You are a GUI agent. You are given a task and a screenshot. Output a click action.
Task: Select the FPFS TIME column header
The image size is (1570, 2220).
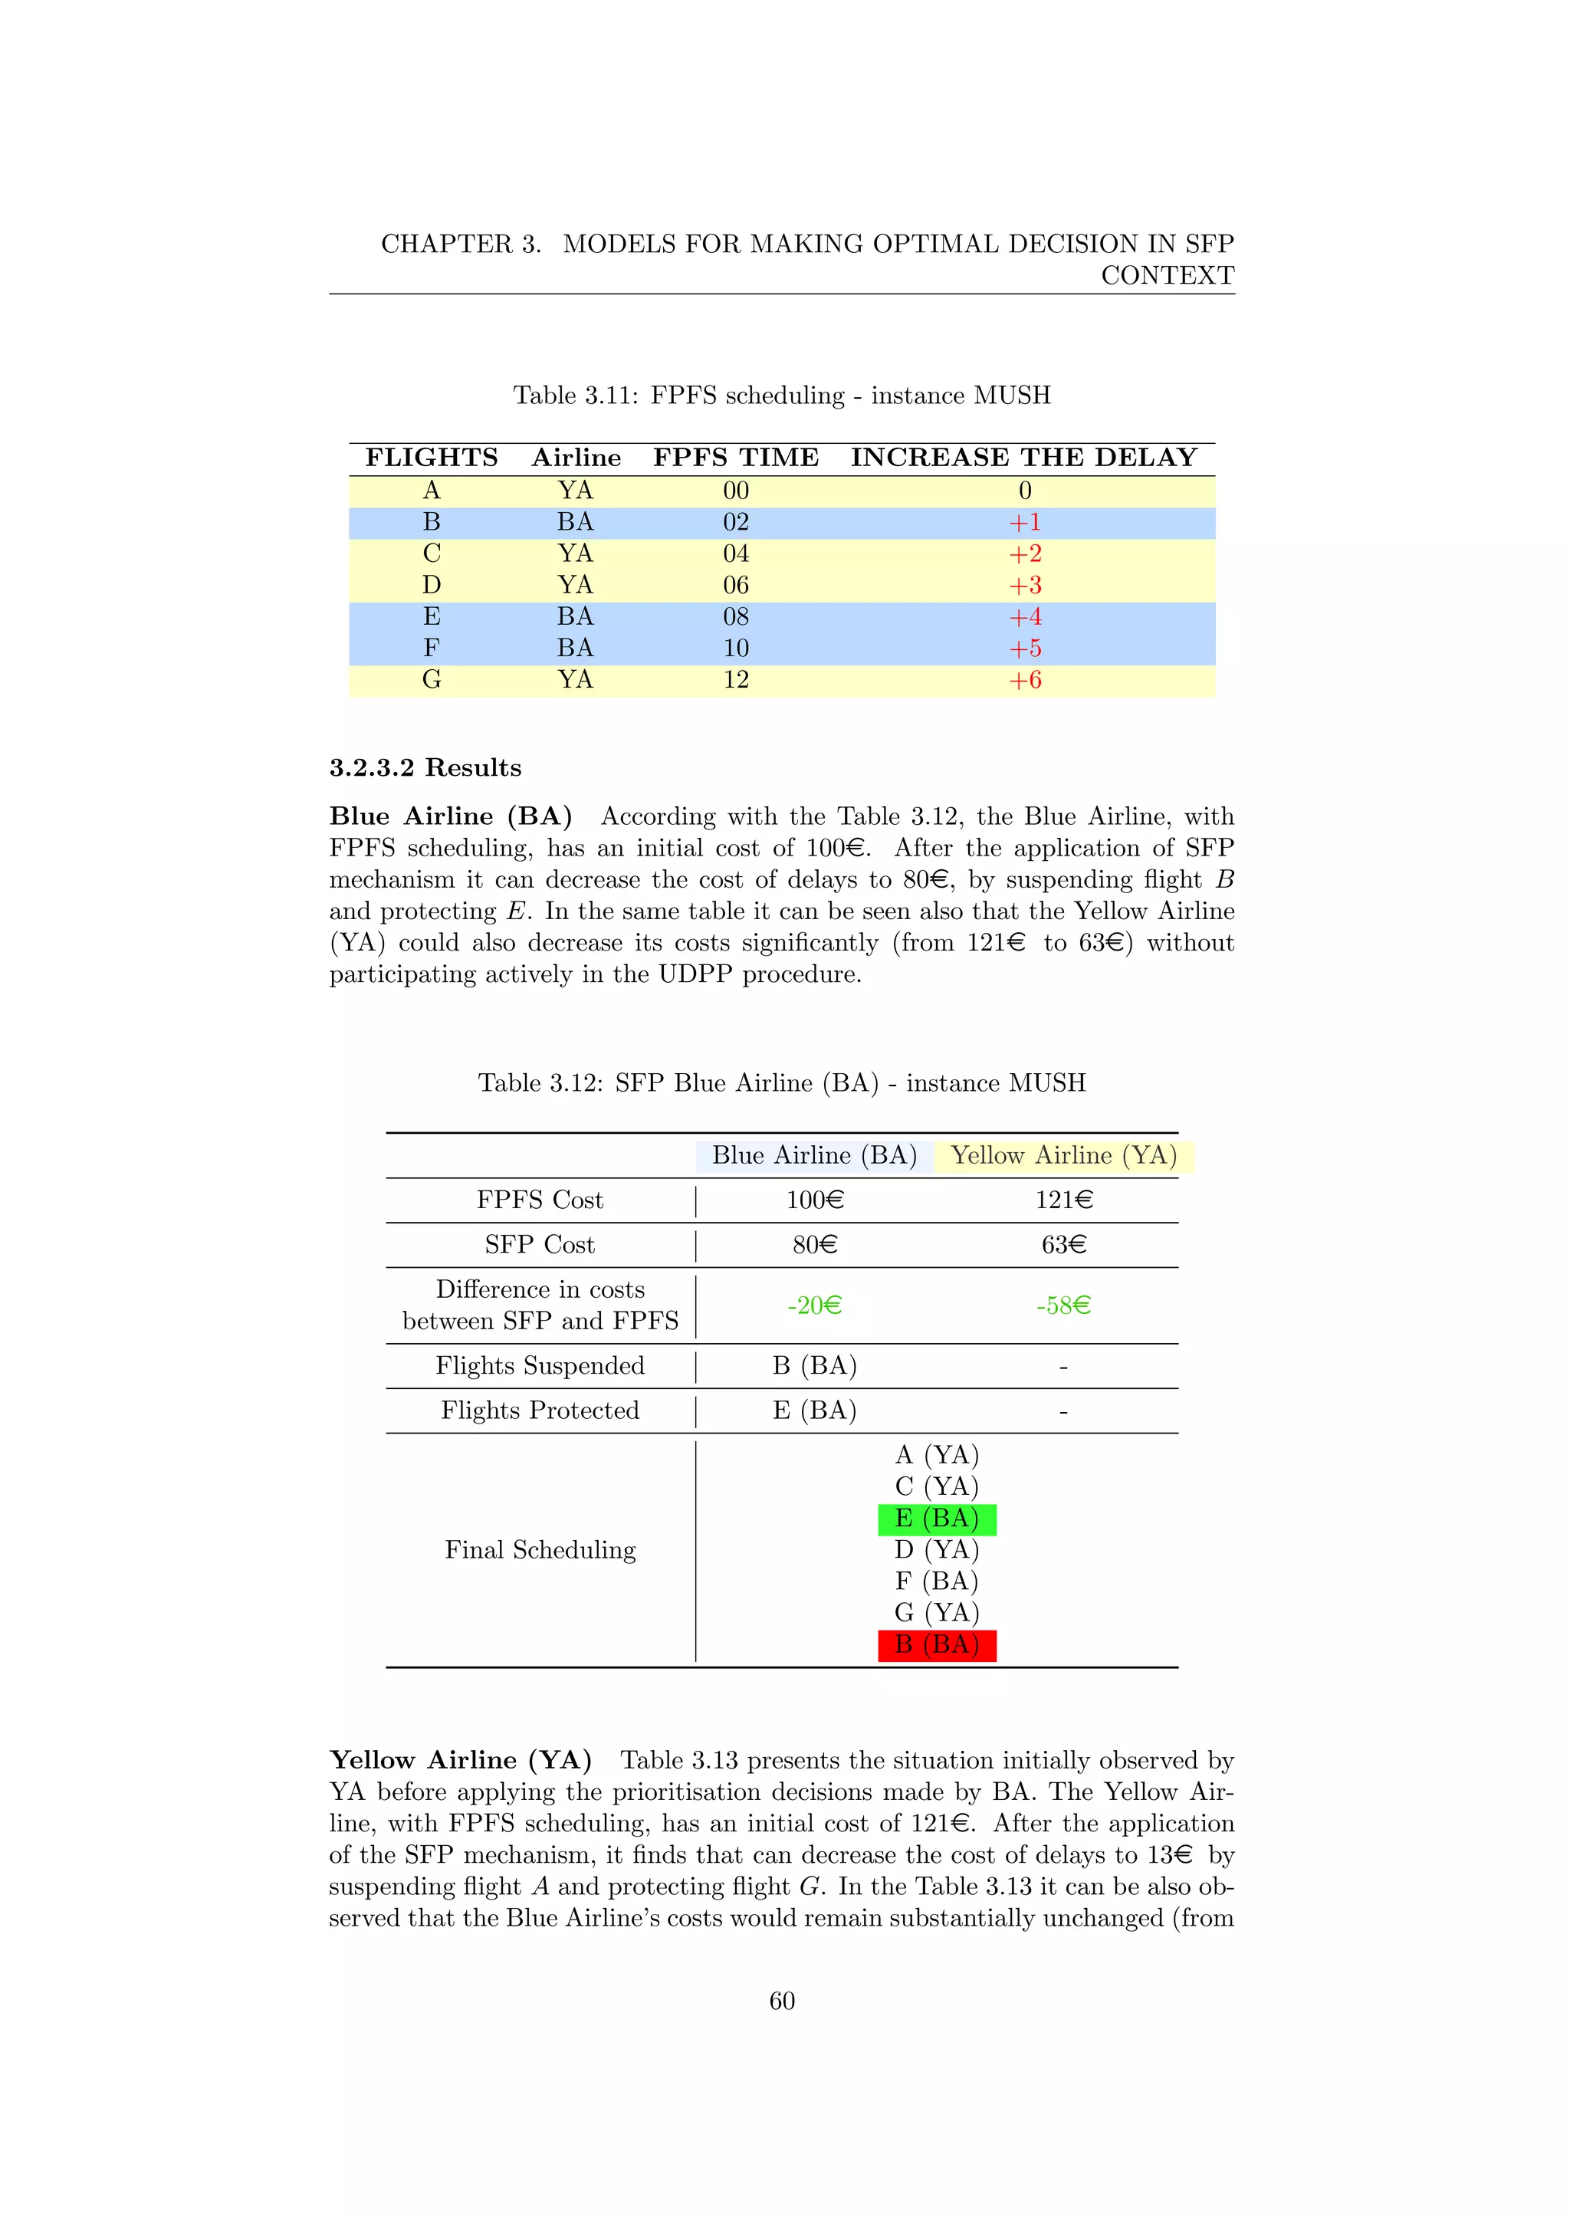(x=736, y=458)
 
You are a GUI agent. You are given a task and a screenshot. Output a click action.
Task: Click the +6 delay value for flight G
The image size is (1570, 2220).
(x=1025, y=681)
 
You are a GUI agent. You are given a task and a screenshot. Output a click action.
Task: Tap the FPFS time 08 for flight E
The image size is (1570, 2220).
(x=736, y=617)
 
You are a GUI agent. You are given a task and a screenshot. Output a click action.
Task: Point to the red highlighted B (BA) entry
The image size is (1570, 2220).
(x=937, y=1645)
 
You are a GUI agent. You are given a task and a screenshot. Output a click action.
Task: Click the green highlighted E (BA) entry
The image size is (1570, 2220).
(x=937, y=1519)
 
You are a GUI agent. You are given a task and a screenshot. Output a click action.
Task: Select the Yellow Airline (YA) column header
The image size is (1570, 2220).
(x=1063, y=1155)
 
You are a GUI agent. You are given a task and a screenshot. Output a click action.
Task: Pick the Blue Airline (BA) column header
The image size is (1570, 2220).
(x=814, y=1155)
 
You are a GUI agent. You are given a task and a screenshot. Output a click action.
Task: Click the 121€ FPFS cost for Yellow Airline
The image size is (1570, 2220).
(x=1063, y=1200)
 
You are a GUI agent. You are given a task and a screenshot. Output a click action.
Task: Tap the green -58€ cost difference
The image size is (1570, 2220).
(x=1063, y=1305)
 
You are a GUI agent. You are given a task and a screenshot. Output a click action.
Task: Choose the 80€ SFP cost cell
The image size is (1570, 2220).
(x=814, y=1244)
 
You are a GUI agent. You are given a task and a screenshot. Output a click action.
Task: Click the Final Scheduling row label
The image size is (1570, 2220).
(x=540, y=1550)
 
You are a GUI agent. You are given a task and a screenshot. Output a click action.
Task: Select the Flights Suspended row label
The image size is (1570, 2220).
(x=540, y=1365)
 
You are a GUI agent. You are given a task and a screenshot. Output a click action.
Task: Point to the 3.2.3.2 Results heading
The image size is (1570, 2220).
(x=425, y=767)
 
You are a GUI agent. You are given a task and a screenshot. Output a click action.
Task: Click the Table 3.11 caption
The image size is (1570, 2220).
(x=781, y=396)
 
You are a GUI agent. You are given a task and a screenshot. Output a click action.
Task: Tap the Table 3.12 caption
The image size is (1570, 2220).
(x=781, y=1083)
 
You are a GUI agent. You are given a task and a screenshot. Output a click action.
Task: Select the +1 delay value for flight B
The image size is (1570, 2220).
(x=1025, y=523)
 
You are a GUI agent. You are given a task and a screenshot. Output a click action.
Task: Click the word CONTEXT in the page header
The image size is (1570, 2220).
(x=1167, y=275)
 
